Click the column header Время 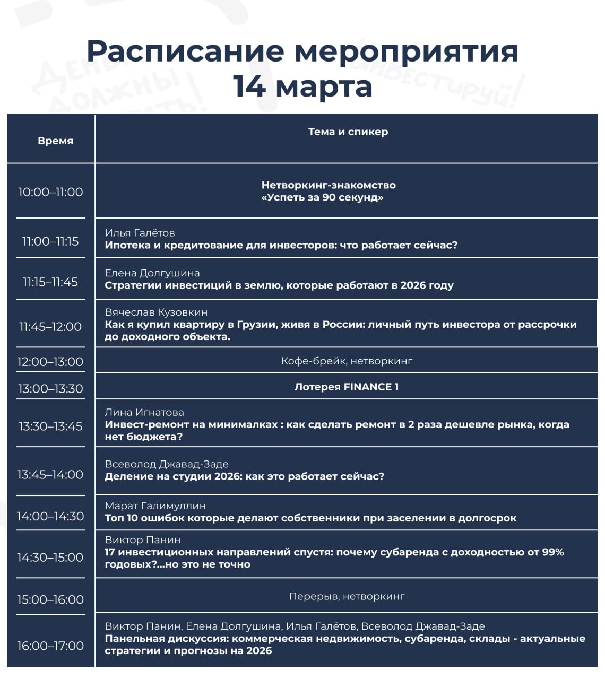(x=55, y=141)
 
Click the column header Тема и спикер (x=348, y=132)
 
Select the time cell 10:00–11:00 (x=50, y=192)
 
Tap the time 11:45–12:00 (x=50, y=327)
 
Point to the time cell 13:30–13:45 (x=50, y=426)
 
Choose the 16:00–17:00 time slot (x=50, y=646)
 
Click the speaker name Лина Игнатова (x=144, y=412)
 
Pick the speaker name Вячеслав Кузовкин (x=156, y=312)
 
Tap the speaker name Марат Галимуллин (x=155, y=506)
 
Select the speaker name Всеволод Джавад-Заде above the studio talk (x=167, y=464)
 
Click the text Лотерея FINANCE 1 (x=347, y=387)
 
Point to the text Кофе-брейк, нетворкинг (x=347, y=361)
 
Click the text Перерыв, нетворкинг (x=347, y=596)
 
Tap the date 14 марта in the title (x=302, y=86)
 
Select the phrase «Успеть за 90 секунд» (x=322, y=197)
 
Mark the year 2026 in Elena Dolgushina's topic (x=412, y=285)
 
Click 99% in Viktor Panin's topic (x=552, y=552)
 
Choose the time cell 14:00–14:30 (x=50, y=516)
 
